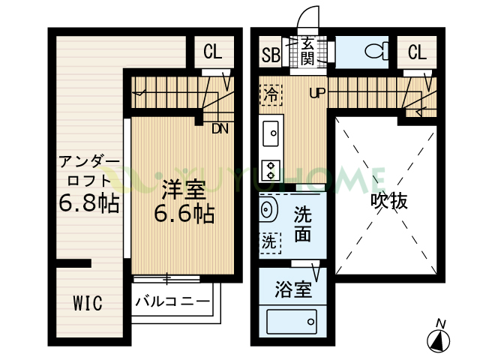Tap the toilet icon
(x=373, y=52)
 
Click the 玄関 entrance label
(x=307, y=52)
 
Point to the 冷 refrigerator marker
(x=270, y=94)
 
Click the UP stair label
(x=316, y=94)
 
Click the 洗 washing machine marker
(x=269, y=241)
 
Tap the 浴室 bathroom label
(x=292, y=289)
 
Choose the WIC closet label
(x=87, y=304)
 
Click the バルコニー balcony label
(x=172, y=303)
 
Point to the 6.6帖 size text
(x=184, y=214)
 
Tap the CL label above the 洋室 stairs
(x=212, y=52)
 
